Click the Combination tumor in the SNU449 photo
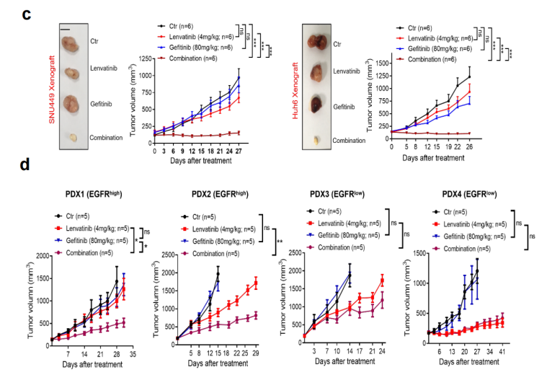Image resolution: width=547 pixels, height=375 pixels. point(74,136)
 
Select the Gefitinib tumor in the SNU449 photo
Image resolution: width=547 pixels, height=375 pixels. point(73,104)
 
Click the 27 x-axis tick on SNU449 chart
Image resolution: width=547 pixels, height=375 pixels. point(238,151)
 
